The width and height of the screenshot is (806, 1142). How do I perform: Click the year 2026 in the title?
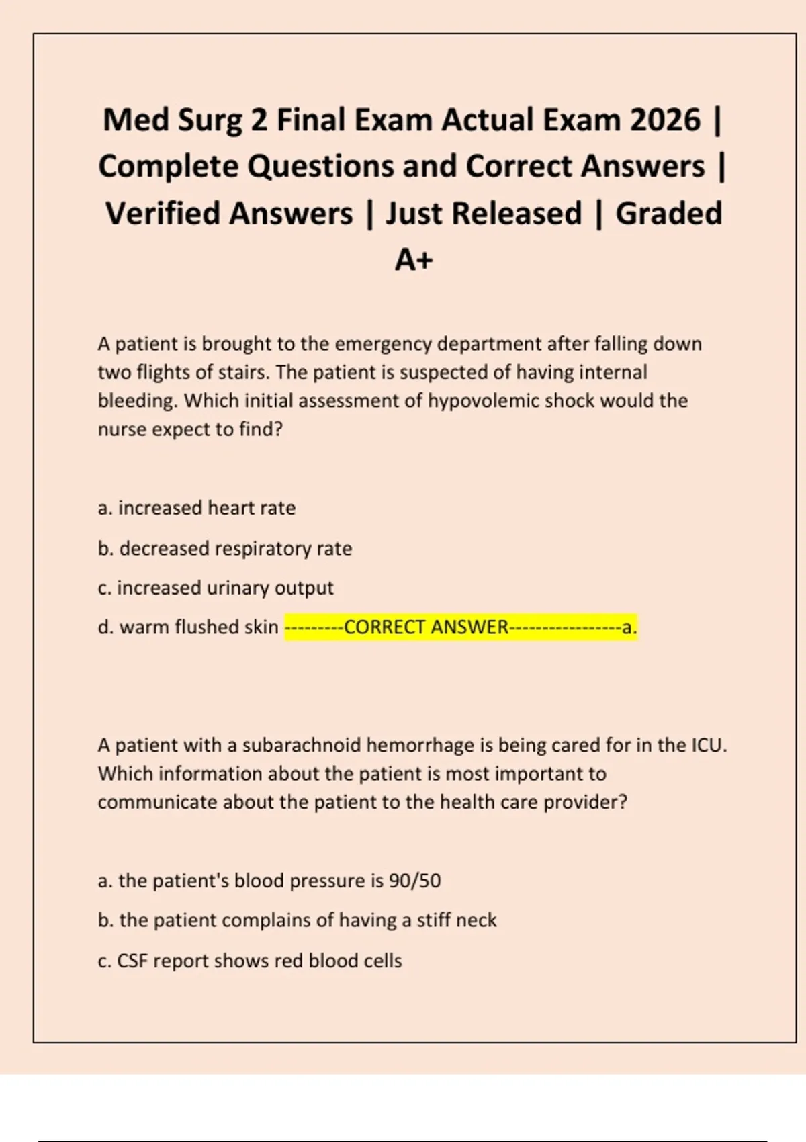click(x=665, y=121)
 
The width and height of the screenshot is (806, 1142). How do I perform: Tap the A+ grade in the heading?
click(x=414, y=260)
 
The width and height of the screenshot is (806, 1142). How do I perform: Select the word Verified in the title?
click(x=229, y=214)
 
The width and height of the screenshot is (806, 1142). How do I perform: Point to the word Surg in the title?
click(x=210, y=121)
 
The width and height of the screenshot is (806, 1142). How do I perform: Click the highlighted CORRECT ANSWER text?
click(x=426, y=627)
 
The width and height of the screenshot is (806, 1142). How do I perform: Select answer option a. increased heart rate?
click(x=196, y=508)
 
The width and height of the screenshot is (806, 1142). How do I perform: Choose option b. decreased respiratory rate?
click(x=224, y=549)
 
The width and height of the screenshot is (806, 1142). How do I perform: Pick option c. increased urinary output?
click(x=215, y=588)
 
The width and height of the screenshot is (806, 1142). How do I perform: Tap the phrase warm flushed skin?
click(x=199, y=627)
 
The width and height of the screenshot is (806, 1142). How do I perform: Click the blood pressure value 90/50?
click(x=414, y=881)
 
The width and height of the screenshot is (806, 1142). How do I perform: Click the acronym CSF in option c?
click(x=132, y=961)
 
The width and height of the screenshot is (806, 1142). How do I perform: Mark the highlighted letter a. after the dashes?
click(x=629, y=627)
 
